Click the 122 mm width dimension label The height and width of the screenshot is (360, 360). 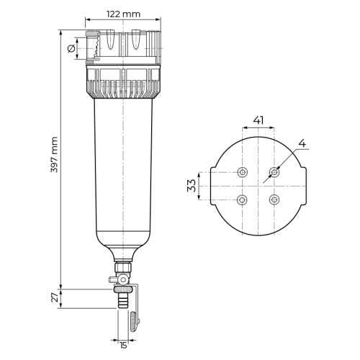(x=123, y=14)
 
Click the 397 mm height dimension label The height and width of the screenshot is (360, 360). (x=55, y=155)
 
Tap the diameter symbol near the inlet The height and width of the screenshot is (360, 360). (x=71, y=49)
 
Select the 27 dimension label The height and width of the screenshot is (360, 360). (x=55, y=298)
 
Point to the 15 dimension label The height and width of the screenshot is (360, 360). (x=123, y=346)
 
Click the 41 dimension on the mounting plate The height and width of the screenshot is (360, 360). (x=258, y=120)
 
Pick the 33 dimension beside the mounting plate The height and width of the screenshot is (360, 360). (x=192, y=186)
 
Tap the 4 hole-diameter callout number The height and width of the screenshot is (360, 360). (x=302, y=143)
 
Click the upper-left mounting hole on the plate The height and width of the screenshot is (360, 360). (x=243, y=172)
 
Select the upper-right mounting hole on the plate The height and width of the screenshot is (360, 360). (x=274, y=172)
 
